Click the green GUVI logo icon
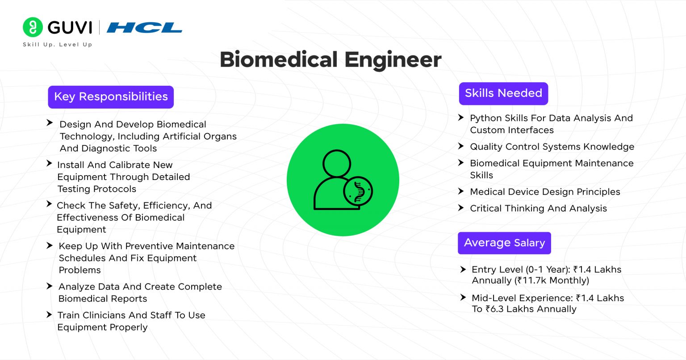point(33,27)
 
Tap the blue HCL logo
point(144,28)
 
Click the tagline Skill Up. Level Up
point(57,45)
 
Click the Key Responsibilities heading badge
point(111,97)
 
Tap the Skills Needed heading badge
point(503,93)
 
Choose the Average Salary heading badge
point(504,243)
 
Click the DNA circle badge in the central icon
point(358,191)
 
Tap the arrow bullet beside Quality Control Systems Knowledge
point(461,146)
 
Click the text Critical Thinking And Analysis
point(538,209)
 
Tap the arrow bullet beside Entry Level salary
point(463,269)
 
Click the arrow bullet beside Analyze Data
point(50,286)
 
